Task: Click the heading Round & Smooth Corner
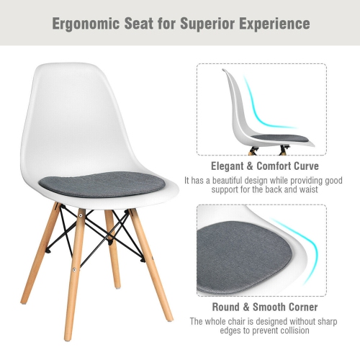261,305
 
